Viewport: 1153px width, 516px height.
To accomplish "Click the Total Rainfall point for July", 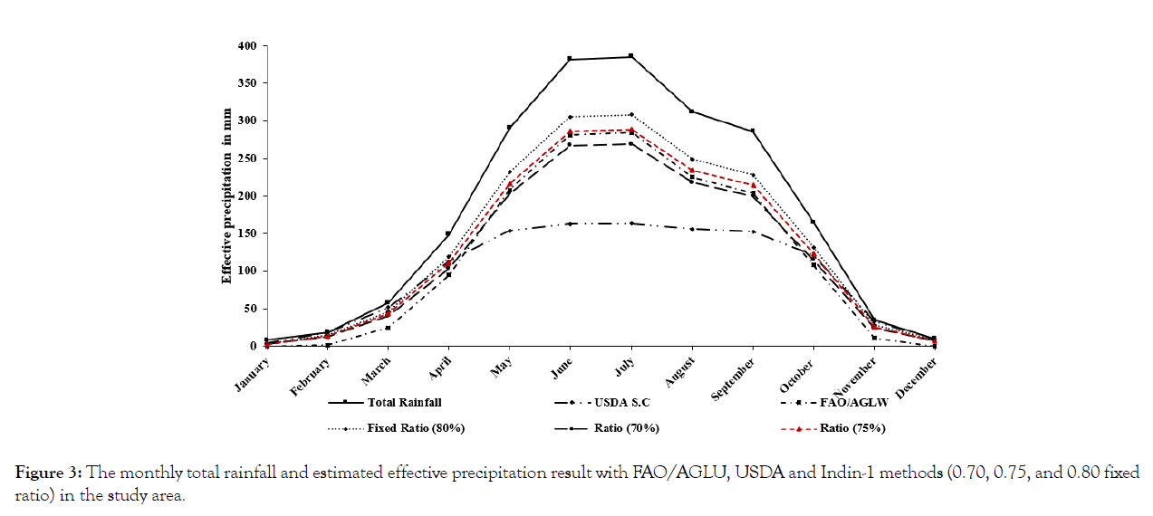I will (x=631, y=56).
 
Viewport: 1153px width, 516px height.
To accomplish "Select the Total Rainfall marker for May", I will (x=509, y=127).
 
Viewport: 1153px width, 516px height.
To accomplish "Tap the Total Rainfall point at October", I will (x=813, y=222).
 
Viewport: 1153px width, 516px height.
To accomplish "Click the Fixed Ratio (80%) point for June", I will (x=570, y=117).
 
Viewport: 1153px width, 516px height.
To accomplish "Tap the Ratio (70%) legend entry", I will (x=634, y=428).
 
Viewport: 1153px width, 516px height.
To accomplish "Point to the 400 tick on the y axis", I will (x=246, y=45).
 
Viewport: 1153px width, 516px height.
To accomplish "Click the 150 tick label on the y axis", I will (x=246, y=234).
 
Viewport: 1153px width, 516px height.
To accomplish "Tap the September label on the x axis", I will (x=735, y=377).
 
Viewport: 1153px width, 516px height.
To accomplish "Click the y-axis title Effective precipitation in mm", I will (x=227, y=197).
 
